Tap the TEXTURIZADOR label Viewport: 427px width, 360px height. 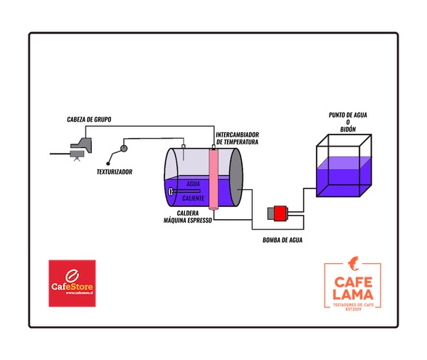(115, 171)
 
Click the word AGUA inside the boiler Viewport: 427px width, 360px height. (193, 184)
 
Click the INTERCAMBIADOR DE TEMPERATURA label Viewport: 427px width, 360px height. (237, 138)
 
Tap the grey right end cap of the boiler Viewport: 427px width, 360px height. (236, 179)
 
